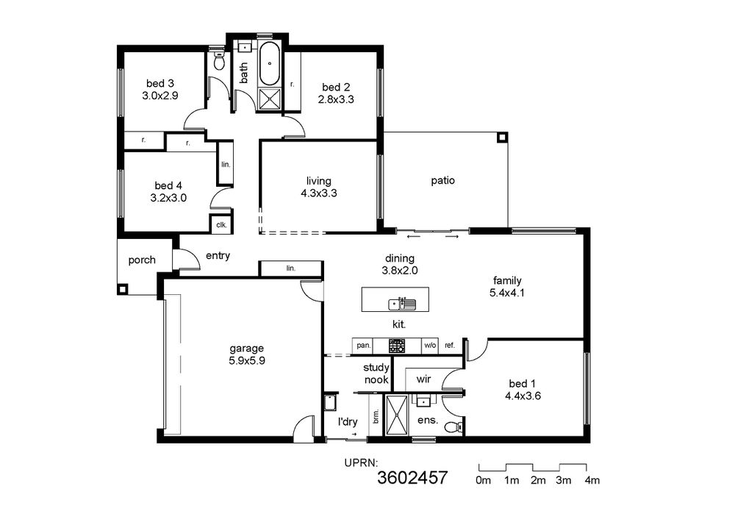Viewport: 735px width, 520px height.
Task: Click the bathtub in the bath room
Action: (x=270, y=64)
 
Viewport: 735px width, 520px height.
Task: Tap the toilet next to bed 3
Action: (x=219, y=60)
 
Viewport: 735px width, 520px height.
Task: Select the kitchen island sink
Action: (x=402, y=304)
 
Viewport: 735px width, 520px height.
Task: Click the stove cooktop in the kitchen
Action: (x=397, y=346)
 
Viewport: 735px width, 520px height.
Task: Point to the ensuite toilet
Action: (x=452, y=427)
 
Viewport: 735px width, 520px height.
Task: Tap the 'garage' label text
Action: (x=246, y=349)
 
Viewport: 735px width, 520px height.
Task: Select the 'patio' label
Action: (x=443, y=180)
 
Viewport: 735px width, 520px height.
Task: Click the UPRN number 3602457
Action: (x=412, y=478)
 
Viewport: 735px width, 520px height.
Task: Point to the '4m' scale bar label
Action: (x=592, y=480)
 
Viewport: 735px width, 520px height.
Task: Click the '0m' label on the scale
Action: (x=484, y=480)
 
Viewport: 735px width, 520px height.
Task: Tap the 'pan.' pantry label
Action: (x=364, y=346)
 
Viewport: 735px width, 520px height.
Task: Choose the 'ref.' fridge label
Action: (x=450, y=346)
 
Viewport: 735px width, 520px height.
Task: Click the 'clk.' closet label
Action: (x=222, y=224)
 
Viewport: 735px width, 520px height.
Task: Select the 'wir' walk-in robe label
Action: (x=423, y=379)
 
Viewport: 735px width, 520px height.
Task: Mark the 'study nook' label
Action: (x=376, y=374)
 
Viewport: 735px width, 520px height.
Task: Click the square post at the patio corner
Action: (x=502, y=138)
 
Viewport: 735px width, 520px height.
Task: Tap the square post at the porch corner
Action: (x=122, y=289)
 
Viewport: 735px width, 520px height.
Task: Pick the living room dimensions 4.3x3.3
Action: (x=319, y=193)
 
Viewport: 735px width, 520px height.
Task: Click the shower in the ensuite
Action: (x=397, y=415)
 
